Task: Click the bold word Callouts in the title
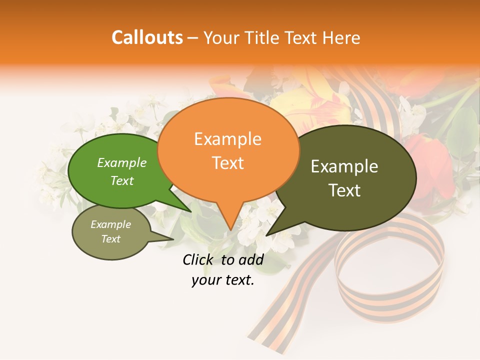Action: pyautogui.click(x=147, y=37)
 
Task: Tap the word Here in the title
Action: pyautogui.click(x=342, y=37)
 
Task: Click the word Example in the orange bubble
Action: pyautogui.click(x=227, y=139)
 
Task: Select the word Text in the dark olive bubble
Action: pyautogui.click(x=345, y=190)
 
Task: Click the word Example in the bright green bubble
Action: pyautogui.click(x=122, y=163)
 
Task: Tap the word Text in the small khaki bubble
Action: pyautogui.click(x=111, y=239)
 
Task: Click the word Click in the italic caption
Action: pyautogui.click(x=198, y=259)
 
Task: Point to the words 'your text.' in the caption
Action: pyautogui.click(x=222, y=280)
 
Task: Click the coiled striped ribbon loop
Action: pyautogui.click(x=390, y=270)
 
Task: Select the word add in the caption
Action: pyautogui.click(x=250, y=259)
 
